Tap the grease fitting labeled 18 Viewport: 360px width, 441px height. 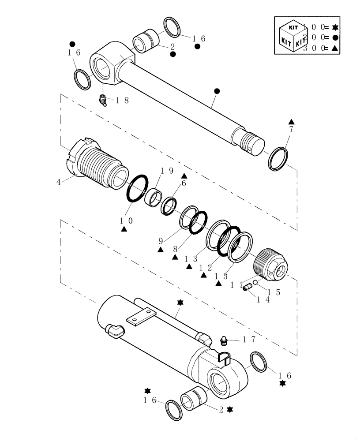(x=103, y=101)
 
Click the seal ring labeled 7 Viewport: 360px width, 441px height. (x=278, y=159)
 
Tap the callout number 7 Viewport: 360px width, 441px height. (x=291, y=130)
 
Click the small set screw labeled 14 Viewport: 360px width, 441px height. (x=247, y=288)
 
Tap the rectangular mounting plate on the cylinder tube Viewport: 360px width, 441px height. (x=140, y=318)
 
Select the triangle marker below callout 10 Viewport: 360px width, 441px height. (x=125, y=229)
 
